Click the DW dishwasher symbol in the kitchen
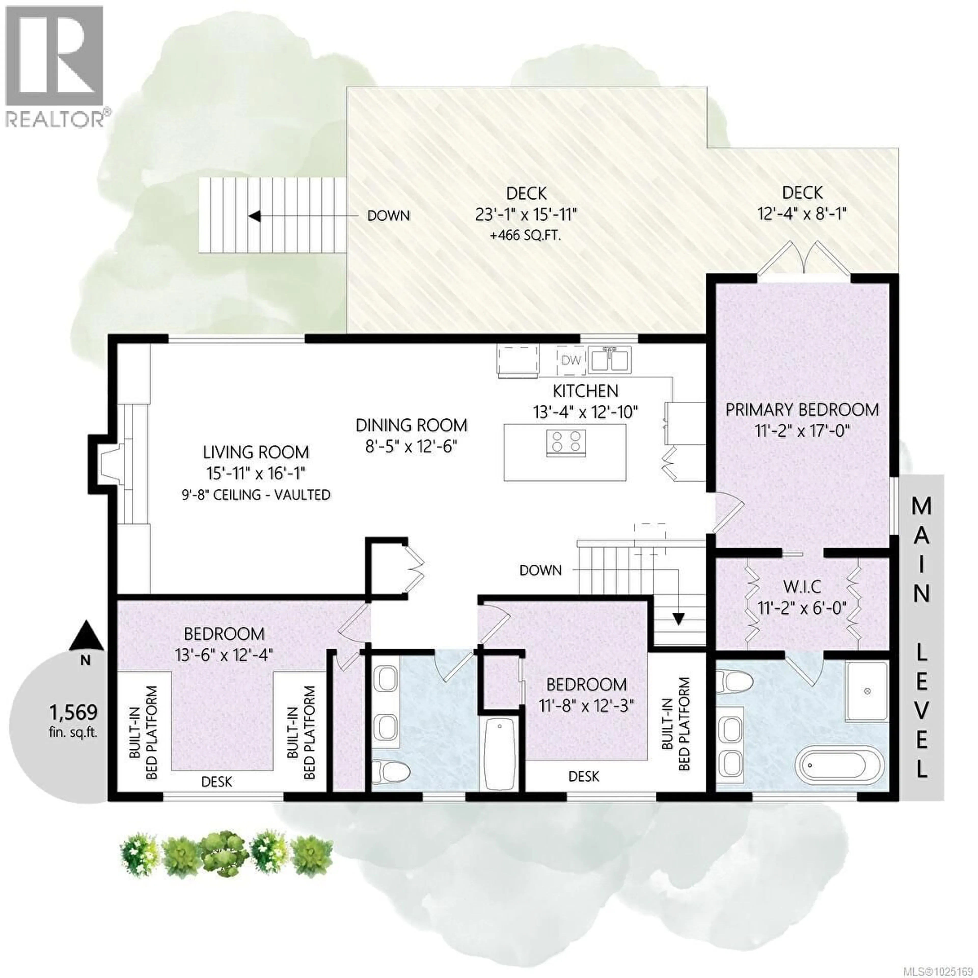pos(571,360)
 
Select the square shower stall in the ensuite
pos(867,691)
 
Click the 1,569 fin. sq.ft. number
pos(74,712)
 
